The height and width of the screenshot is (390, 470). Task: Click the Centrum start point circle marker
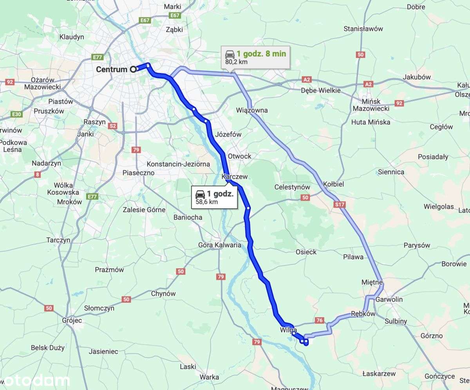[133, 69]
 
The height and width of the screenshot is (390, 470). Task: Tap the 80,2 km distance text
[236, 61]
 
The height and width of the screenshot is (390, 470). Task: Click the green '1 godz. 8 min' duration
[261, 54]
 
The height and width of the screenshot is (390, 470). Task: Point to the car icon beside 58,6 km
[200, 194]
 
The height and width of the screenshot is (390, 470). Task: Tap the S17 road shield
[340, 204]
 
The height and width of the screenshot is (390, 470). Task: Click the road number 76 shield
[320, 321]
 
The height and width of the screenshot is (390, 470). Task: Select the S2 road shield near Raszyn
[113, 126]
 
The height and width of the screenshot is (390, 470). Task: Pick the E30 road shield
[16, 114]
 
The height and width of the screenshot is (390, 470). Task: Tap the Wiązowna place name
[252, 110]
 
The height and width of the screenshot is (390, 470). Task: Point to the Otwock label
[239, 156]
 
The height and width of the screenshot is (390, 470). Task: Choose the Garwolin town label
[389, 300]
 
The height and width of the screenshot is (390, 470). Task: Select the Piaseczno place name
[138, 173]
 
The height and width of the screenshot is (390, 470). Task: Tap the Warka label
[209, 377]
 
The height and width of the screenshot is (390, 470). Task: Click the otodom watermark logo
[35, 381]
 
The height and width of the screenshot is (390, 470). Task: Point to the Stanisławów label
[363, 29]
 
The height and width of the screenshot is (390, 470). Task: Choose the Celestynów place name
[292, 187]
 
